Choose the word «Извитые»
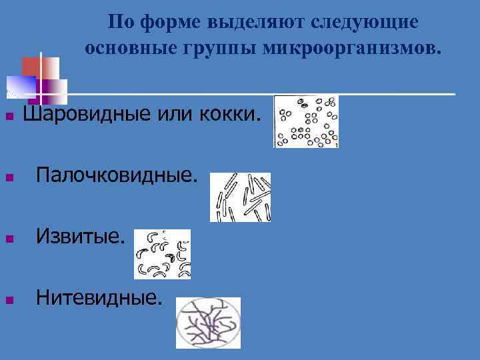pos(80,237)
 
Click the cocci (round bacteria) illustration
pos(306,121)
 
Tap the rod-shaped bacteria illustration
pos(240,197)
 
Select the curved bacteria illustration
pos(163,254)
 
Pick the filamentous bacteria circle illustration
pos(207,323)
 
